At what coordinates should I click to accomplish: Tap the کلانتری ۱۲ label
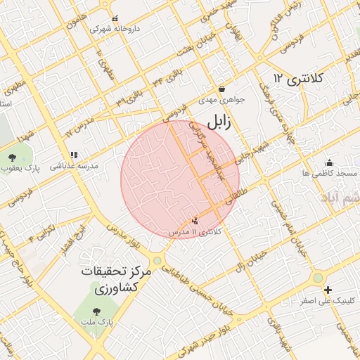point(297,77)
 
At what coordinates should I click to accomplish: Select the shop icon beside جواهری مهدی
point(223,89)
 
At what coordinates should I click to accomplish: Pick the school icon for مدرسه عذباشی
point(74,155)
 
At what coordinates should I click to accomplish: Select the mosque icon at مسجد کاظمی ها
point(329,162)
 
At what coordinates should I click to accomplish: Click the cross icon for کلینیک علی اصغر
point(328,290)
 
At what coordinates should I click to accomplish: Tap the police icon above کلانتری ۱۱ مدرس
point(195,221)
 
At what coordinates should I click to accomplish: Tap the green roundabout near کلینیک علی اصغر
point(318,277)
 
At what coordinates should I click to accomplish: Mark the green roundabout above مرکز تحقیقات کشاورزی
point(157,260)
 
